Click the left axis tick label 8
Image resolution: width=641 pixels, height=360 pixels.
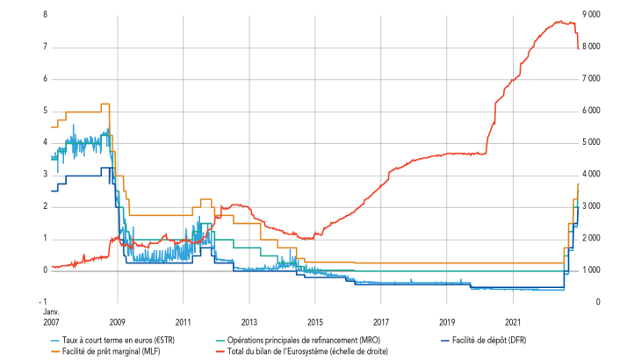pyautogui.click(x=45, y=15)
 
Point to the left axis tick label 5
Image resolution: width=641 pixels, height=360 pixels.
pyautogui.click(x=45, y=111)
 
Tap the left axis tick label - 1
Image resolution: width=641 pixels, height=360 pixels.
pyautogui.click(x=42, y=302)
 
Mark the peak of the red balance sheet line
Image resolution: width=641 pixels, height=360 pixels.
pyautogui.click(x=559, y=21)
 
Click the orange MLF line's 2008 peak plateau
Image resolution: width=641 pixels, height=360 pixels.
pyautogui.click(x=104, y=104)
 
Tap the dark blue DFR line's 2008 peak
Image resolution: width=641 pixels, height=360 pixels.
pyautogui.click(x=105, y=168)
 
